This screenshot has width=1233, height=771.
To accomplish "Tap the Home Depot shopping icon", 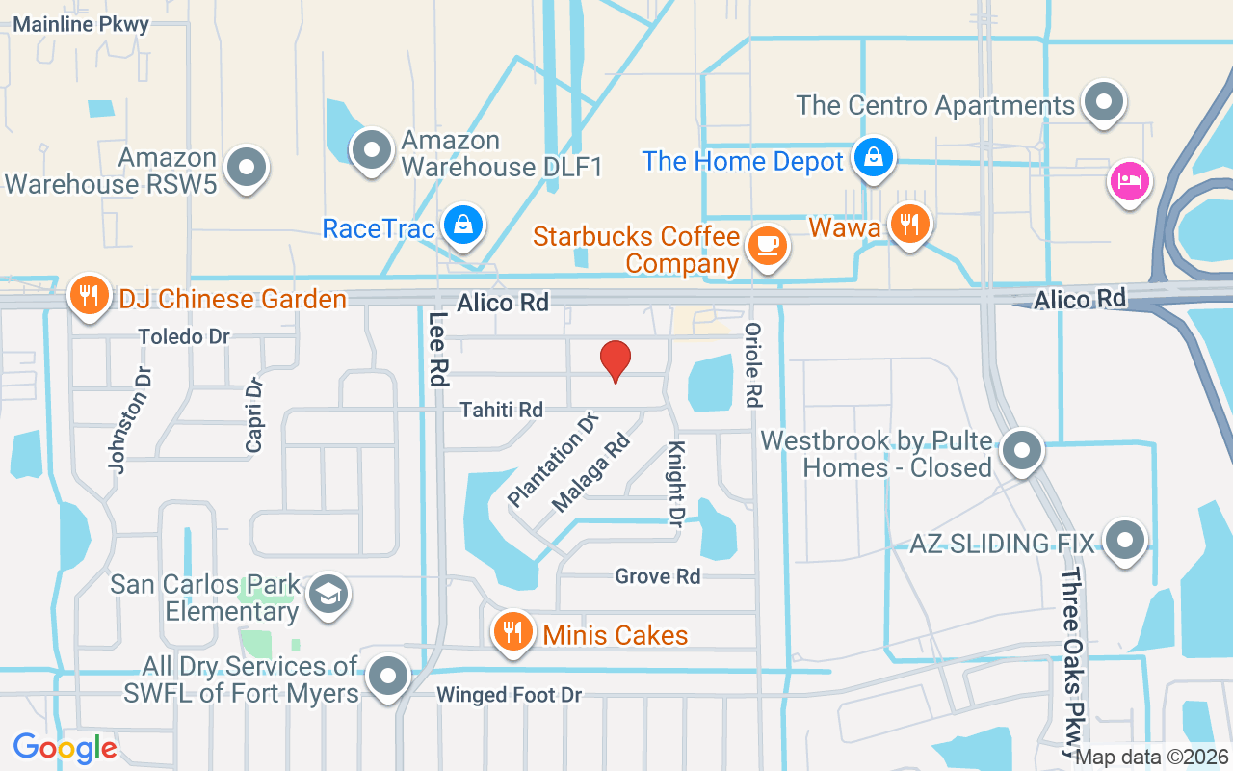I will [874, 157].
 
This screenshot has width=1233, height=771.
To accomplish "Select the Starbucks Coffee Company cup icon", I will [767, 245].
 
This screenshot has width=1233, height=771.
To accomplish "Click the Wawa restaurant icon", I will [907, 224].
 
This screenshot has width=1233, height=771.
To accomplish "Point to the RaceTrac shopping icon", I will [463, 225].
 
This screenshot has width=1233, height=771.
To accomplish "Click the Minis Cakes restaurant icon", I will [512, 632].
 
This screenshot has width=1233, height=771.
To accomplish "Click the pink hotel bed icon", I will [1129, 180].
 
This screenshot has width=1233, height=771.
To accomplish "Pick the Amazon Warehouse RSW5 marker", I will [247, 168].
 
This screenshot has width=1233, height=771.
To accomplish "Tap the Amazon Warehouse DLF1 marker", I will [370, 149].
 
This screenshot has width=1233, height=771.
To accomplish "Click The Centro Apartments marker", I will [1103, 102].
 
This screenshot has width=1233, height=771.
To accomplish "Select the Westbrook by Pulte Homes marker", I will [1021, 451].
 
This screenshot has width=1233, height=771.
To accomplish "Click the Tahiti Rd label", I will [501, 410].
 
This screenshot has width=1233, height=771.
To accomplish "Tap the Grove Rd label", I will [658, 576].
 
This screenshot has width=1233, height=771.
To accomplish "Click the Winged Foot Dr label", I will [510, 695].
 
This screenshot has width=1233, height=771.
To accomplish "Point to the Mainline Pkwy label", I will [80, 25].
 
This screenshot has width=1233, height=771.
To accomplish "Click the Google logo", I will [66, 747].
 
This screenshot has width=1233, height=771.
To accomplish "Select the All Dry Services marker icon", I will [388, 676].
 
